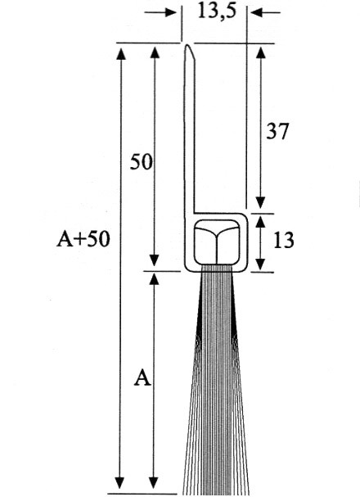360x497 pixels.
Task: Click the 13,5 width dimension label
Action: click(217, 11)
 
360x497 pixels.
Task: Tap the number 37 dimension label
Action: click(277, 131)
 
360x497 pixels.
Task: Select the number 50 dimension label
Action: click(142, 161)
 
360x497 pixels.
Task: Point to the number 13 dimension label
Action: click(283, 240)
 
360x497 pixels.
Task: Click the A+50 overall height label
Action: click(83, 238)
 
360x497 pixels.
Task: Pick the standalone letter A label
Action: click(142, 377)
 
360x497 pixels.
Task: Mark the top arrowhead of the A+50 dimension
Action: click(121, 53)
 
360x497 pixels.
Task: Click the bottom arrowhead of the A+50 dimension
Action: click(119, 482)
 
